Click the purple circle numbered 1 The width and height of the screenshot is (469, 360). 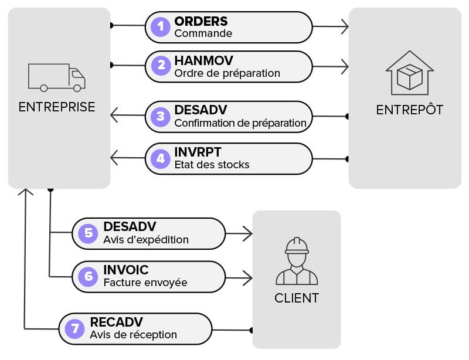click(161, 26)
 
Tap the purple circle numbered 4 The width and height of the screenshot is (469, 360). click(161, 158)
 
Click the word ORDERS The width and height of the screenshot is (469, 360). click(200, 21)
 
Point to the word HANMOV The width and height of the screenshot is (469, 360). click(203, 61)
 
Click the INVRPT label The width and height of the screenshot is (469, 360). click(198, 152)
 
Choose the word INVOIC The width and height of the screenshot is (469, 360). click(125, 270)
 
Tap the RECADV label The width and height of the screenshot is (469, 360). click(117, 322)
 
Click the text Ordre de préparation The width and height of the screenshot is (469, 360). click(227, 73)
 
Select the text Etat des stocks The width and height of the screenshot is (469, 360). click(212, 165)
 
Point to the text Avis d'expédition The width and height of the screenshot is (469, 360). click(146, 239)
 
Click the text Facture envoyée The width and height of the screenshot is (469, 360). click(145, 283)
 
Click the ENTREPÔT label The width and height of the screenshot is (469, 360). click(409, 110)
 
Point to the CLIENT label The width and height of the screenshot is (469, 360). click(297, 298)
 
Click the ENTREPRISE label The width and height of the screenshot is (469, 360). click(57, 107)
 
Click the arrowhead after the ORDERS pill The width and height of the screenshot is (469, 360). click(345, 26)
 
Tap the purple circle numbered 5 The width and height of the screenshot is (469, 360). click(89, 233)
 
